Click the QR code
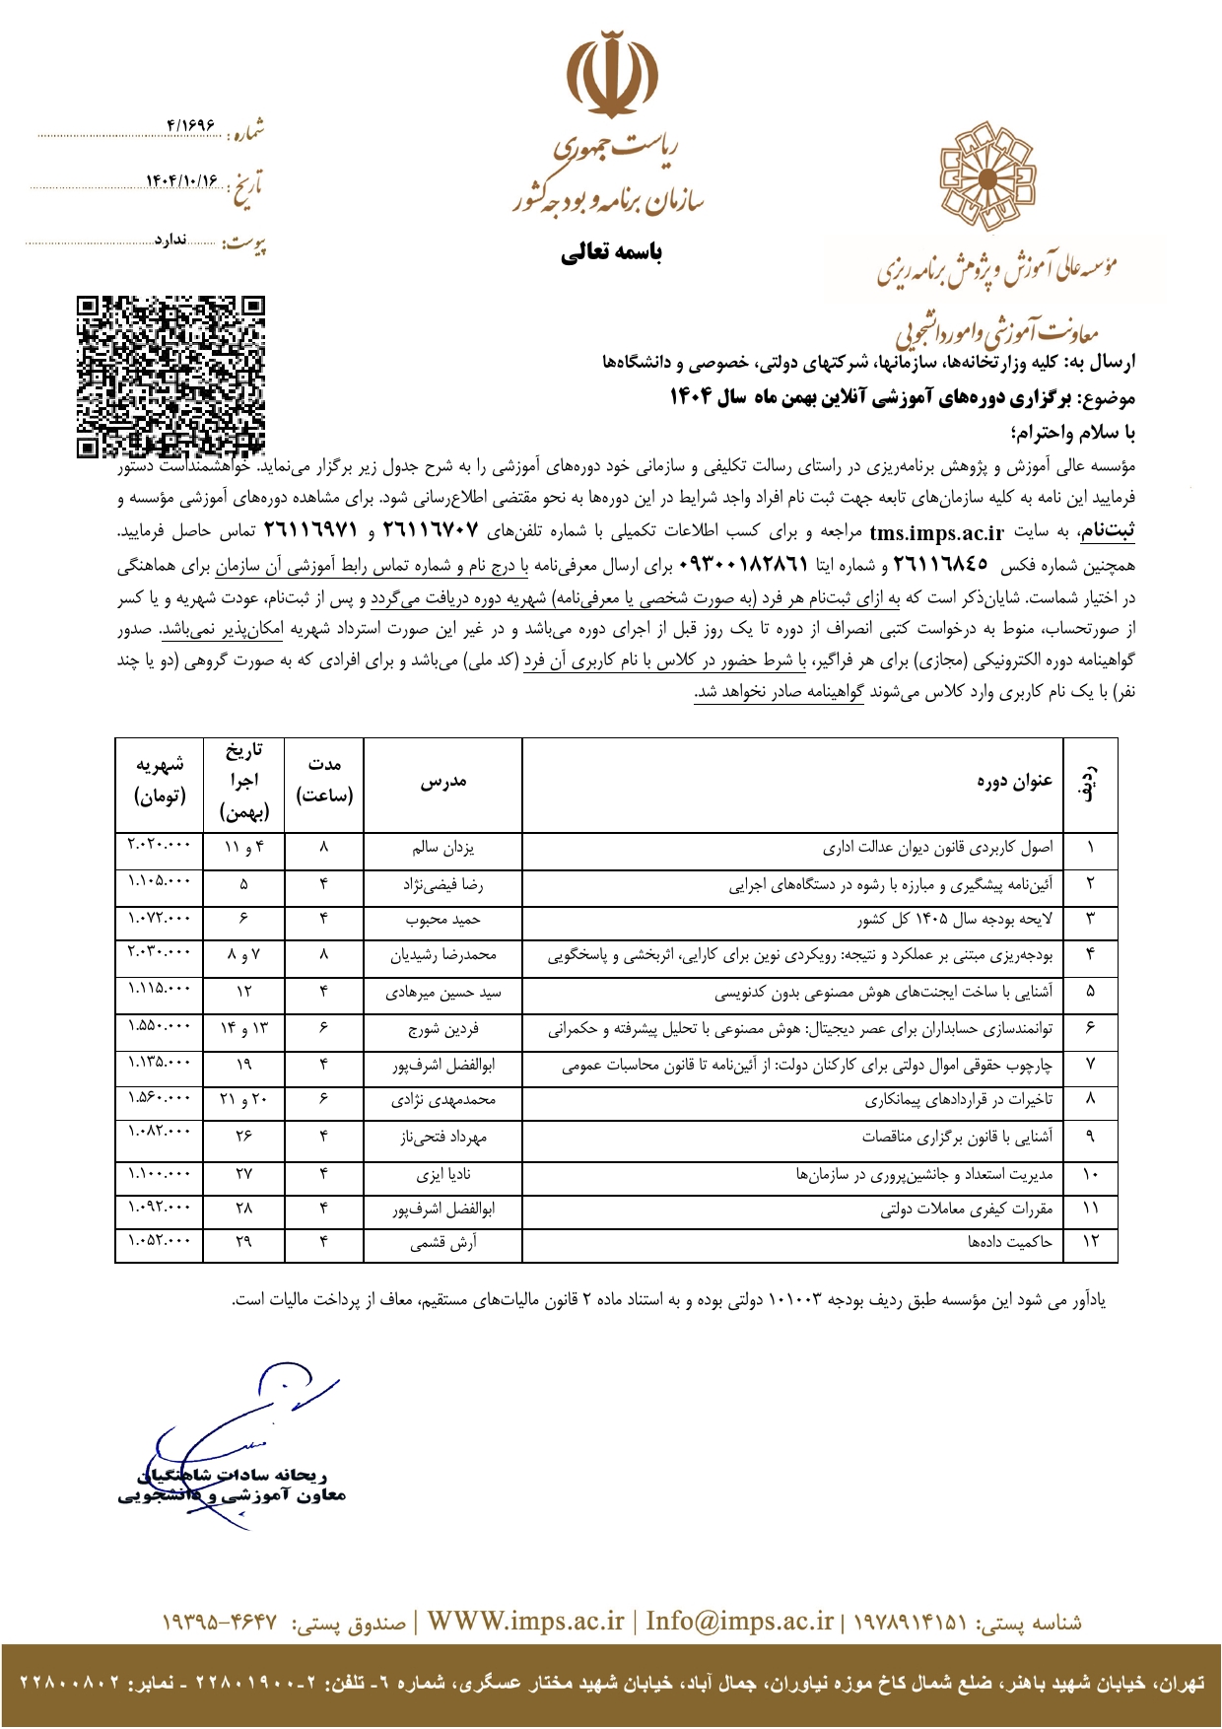coord(171,377)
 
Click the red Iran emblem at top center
coord(612,78)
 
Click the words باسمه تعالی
coord(611,253)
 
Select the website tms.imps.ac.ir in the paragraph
coord(936,533)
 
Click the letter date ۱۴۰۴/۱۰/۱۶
coord(182,182)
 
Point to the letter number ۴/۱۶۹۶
coord(191,125)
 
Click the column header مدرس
coord(442,782)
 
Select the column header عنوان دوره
coord(1015,782)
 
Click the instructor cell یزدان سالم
coord(442,848)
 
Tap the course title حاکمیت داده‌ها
coord(1010,1242)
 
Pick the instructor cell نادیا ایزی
coord(442,1175)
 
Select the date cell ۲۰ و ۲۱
coord(243,1099)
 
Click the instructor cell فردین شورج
coord(442,1029)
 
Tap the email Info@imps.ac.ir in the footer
coord(739,1623)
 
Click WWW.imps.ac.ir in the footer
coord(525,1623)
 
